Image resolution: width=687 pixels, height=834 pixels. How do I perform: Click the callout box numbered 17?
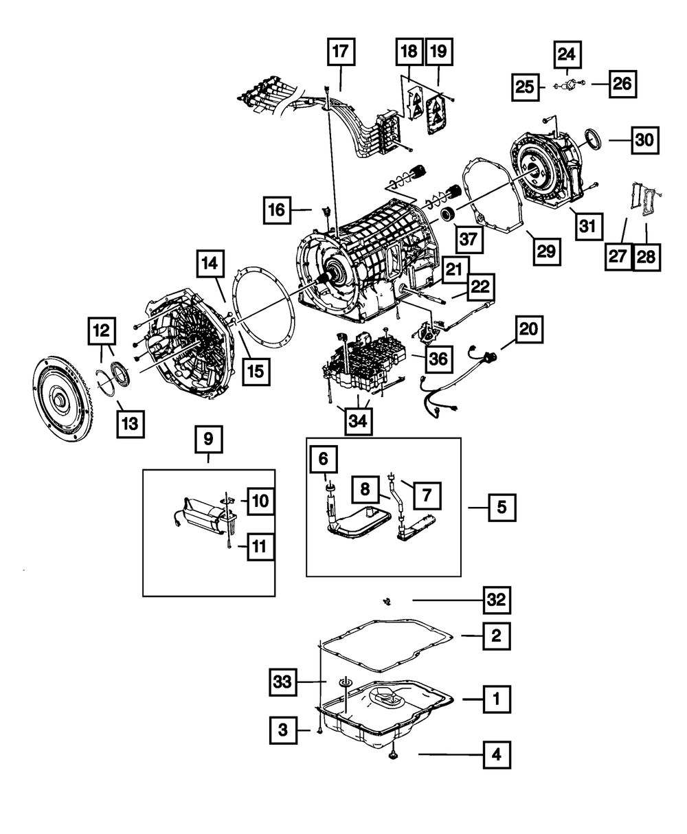pos(341,52)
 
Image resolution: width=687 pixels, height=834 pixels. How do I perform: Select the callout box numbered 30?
pos(644,141)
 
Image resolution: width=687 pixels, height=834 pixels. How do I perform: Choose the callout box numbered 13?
pos(131,421)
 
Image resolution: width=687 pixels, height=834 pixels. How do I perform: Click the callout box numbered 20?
pos(528,330)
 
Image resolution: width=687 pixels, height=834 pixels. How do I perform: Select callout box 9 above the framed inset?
pos(209,438)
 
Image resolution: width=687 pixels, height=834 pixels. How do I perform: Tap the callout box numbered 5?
pos(502,508)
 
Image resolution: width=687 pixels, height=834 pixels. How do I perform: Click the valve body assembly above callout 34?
pos(364,364)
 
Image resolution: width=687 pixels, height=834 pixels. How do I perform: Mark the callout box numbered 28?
pos(646,256)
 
